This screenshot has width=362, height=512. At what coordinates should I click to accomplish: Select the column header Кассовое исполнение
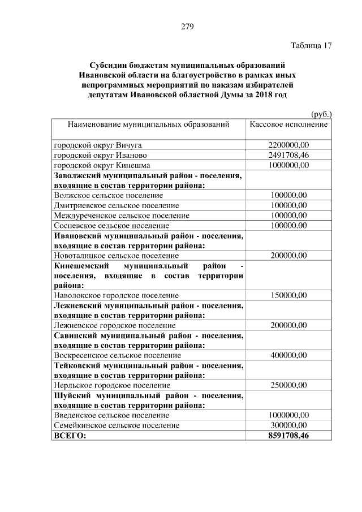(x=288, y=123)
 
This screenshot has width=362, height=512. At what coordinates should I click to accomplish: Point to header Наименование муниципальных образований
(x=148, y=123)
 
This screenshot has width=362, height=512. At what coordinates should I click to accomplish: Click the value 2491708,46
(x=288, y=155)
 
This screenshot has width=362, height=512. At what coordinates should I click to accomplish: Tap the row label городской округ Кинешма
(x=101, y=165)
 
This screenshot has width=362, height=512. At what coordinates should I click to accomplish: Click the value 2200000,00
(x=288, y=145)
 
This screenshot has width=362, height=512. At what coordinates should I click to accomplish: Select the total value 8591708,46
(x=288, y=436)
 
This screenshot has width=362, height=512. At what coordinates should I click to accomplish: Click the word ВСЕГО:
(x=70, y=436)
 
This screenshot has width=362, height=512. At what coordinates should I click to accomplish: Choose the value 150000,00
(x=288, y=295)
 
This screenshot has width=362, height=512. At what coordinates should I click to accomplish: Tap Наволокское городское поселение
(x=116, y=295)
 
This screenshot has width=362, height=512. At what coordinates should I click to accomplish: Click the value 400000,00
(x=288, y=355)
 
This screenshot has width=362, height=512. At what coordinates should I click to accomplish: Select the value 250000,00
(x=288, y=385)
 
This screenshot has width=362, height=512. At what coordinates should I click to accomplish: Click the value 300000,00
(x=288, y=425)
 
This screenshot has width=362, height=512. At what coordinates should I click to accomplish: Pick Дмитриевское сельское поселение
(x=116, y=205)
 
